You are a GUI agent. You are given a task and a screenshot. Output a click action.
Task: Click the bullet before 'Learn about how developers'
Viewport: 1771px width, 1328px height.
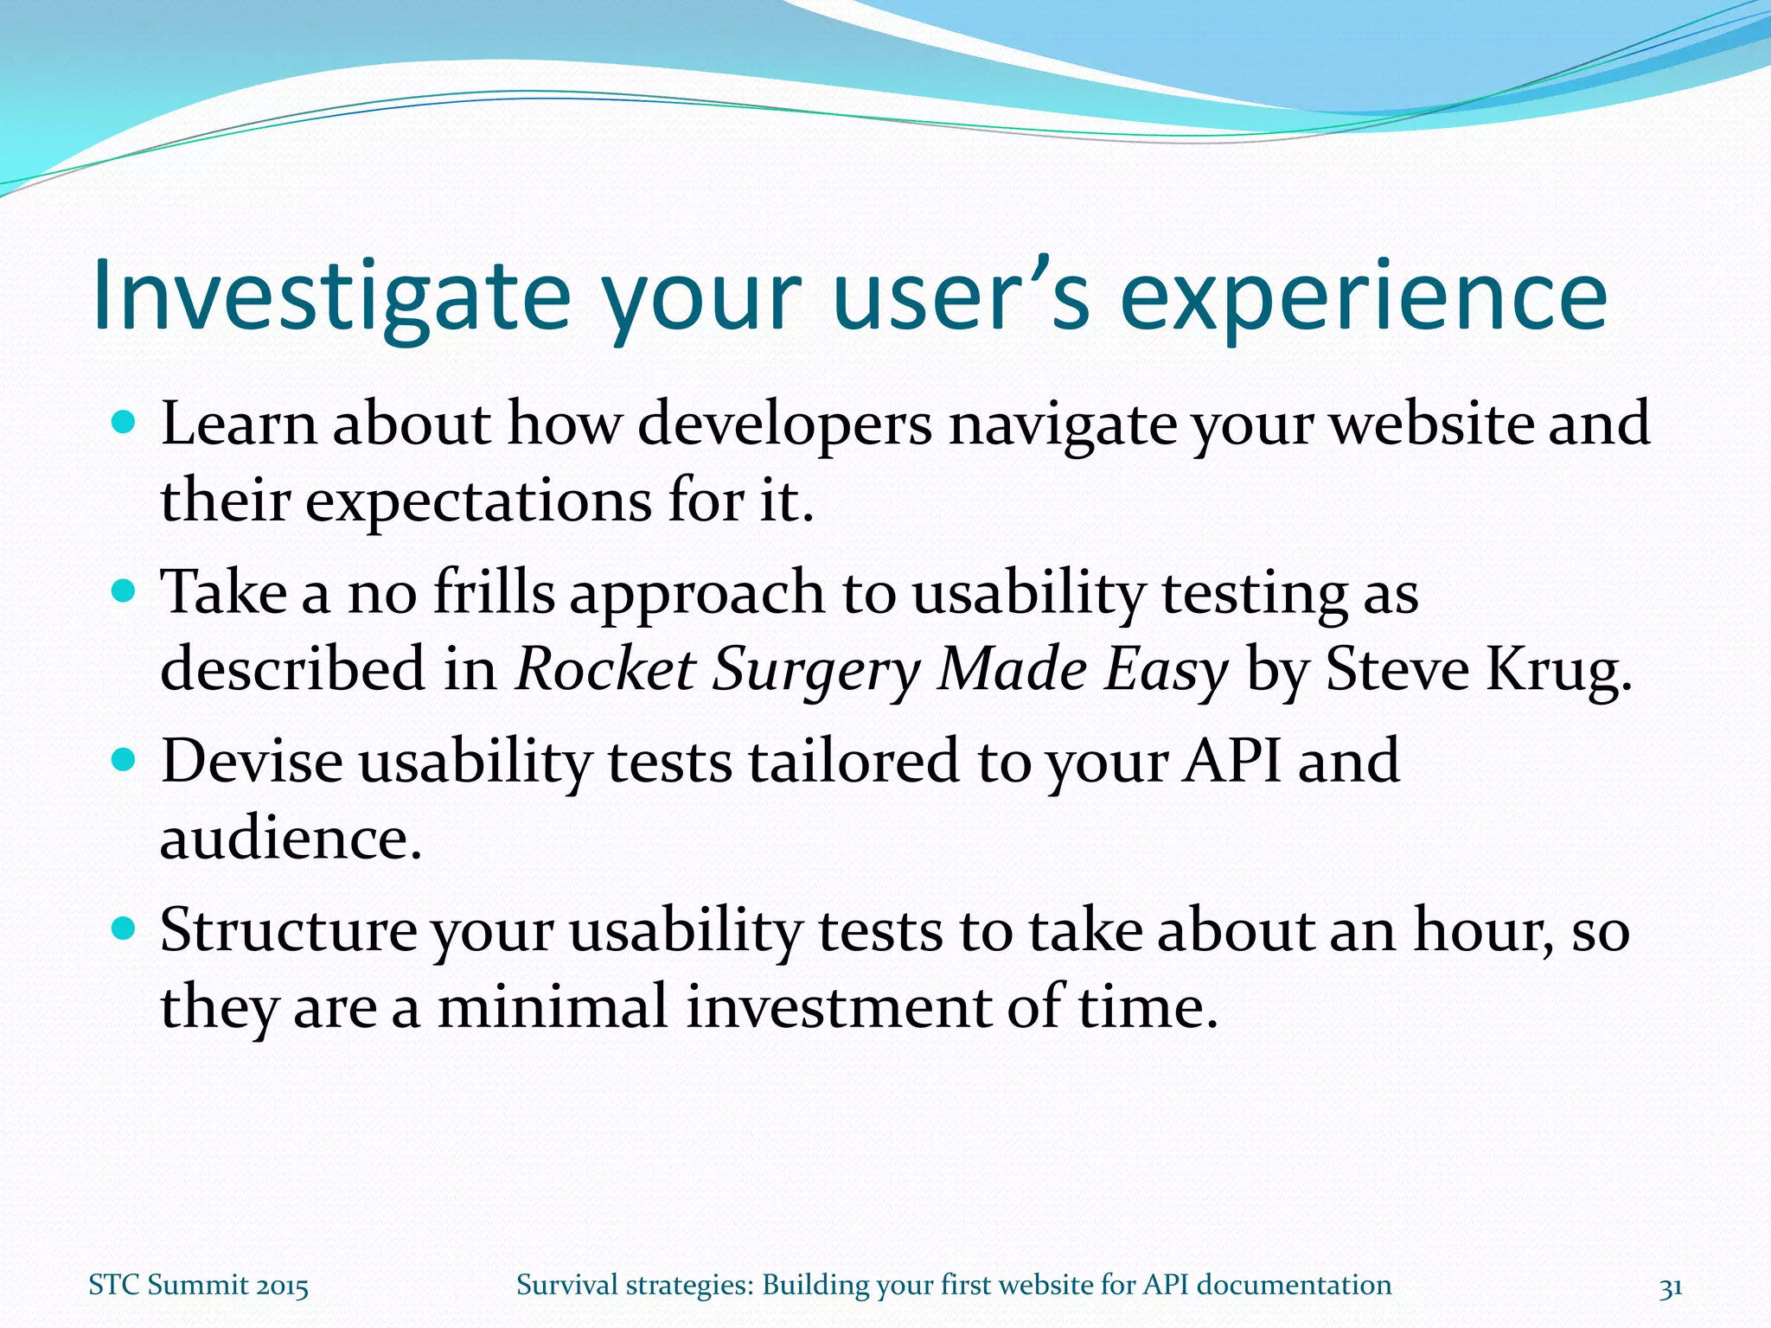point(125,423)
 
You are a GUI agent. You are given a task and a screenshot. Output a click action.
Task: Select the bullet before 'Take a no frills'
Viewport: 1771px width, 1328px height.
point(125,591)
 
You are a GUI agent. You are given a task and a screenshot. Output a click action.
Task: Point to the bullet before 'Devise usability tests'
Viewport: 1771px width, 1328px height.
point(125,760)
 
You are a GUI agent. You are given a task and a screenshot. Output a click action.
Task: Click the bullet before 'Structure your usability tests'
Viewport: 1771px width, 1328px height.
point(125,929)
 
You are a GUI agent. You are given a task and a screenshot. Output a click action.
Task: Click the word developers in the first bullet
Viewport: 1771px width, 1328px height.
point(784,425)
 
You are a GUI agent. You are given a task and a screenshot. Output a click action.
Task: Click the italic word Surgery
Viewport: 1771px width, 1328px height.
point(815,672)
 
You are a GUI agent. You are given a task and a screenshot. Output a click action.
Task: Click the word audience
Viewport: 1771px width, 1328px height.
point(290,839)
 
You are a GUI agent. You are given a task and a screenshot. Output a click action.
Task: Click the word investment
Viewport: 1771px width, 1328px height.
point(838,1008)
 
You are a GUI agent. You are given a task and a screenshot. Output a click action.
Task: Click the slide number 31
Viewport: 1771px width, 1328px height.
point(1670,1286)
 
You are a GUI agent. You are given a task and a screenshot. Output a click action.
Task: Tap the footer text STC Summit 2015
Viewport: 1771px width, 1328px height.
point(198,1286)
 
